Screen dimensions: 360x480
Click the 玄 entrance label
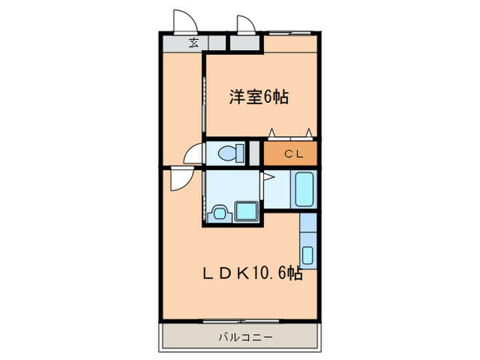tap(194, 43)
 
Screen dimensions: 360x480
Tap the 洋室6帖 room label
tap(259, 97)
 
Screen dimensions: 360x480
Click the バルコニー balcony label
tap(245, 337)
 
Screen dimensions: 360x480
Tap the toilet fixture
tap(227, 152)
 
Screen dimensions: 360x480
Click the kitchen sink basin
tap(308, 255)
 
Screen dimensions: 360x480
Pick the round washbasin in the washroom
tap(219, 213)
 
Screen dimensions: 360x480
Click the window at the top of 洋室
tap(288, 32)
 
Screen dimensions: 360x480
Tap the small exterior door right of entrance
tap(245, 24)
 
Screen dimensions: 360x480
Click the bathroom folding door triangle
tap(268, 178)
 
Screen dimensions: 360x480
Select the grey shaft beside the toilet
tap(254, 152)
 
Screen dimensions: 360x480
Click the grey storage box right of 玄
tap(245, 43)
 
